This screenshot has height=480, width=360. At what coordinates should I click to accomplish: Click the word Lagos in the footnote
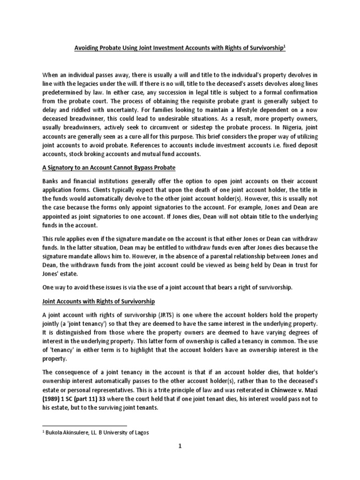point(141,433)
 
